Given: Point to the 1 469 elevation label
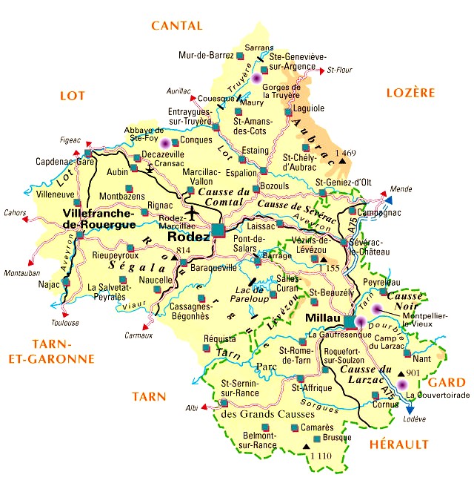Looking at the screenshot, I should point(346,152).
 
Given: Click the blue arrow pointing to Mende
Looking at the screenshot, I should point(388,200).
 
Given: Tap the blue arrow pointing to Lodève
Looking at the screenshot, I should point(410,409).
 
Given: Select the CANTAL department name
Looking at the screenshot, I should point(176,26).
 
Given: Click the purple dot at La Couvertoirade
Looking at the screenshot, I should point(402,384).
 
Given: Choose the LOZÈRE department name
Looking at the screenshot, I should point(410,93).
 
